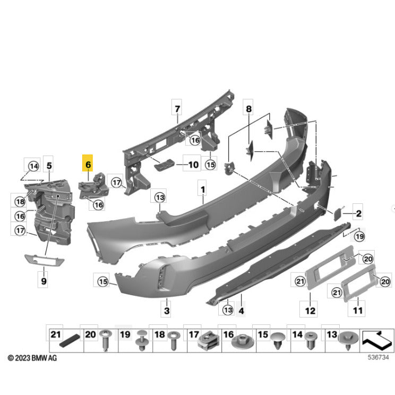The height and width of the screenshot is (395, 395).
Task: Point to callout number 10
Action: (193, 165)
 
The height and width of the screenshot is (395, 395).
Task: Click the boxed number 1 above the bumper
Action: (202, 189)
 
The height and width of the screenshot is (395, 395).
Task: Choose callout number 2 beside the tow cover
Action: (358, 213)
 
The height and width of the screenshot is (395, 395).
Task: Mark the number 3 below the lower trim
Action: (167, 310)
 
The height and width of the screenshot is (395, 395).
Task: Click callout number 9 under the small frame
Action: (44, 280)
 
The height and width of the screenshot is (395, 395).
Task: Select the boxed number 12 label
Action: (310, 310)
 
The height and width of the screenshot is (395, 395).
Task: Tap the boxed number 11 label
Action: (358, 310)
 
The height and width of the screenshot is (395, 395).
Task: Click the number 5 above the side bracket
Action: (49, 166)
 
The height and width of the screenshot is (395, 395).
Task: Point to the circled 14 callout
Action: (33, 166)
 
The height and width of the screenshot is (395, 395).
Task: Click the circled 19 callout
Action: (359, 236)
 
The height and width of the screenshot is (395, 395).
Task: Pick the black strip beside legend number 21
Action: (70, 340)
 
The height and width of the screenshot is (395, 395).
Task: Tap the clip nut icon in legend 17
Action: (207, 341)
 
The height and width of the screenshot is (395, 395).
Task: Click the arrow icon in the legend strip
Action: (377, 341)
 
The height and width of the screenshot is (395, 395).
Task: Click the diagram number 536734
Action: (378, 357)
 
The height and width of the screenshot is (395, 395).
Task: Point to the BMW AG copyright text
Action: (32, 358)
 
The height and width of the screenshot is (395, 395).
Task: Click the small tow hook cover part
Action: (338, 213)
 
